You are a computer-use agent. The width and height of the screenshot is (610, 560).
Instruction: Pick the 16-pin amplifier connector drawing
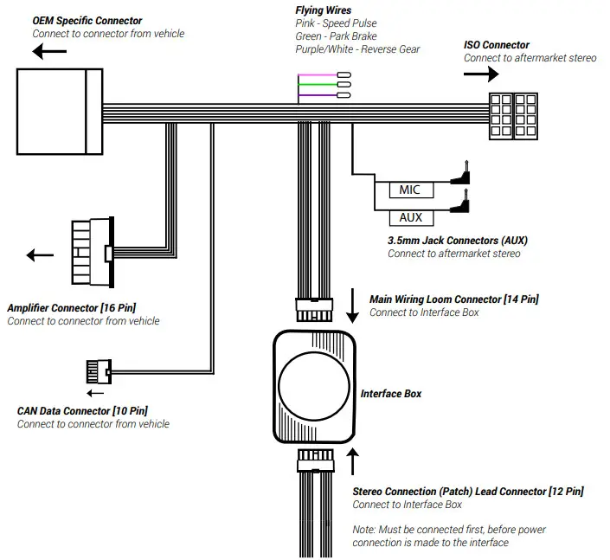[x=91, y=252]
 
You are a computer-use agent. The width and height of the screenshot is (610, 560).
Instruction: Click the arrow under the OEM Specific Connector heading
[x=52, y=51]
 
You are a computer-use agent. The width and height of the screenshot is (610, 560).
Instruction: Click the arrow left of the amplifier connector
[x=40, y=254]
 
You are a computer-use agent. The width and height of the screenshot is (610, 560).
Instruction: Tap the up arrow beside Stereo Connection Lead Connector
[x=353, y=460]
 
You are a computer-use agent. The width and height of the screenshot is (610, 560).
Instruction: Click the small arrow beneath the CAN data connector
[x=94, y=392]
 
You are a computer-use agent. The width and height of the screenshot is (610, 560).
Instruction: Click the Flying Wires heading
[x=323, y=10]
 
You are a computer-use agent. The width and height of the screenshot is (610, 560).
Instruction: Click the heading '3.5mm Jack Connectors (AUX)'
[x=457, y=240]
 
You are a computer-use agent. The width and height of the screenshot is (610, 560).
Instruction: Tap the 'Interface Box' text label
[x=391, y=393]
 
